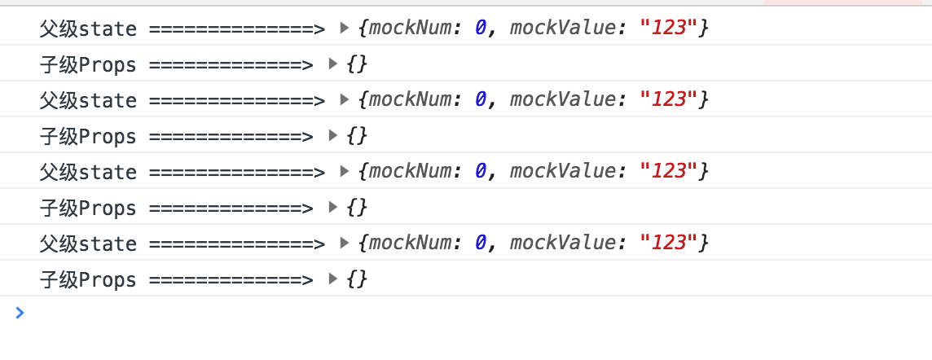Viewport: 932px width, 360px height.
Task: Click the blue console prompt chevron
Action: pyautogui.click(x=20, y=312)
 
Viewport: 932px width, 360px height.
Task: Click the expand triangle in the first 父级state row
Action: pyautogui.click(x=344, y=29)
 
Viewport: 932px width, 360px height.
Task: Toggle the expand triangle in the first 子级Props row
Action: pyautogui.click(x=332, y=64)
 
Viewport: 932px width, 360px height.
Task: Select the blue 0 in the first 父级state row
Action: pyautogui.click(x=481, y=29)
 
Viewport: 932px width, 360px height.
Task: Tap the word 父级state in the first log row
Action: pyautogui.click(x=88, y=29)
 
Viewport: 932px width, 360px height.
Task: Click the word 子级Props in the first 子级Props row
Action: pyautogui.click(x=88, y=65)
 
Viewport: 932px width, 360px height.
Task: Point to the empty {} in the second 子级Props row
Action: pyautogui.click(x=357, y=136)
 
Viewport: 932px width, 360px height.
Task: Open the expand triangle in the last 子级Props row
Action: pyautogui.click(x=332, y=279)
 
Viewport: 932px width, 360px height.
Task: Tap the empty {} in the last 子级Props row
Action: pyautogui.click(x=357, y=279)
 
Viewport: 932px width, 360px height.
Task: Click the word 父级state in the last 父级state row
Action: pyautogui.click(x=88, y=244)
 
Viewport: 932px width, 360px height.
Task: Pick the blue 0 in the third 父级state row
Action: pyautogui.click(x=481, y=172)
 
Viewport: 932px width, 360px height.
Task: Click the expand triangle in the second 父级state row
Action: pyautogui.click(x=344, y=100)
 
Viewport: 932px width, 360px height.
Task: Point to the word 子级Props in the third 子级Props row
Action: pyautogui.click(x=88, y=209)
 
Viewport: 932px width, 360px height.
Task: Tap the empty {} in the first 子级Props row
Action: pyautogui.click(x=357, y=64)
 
